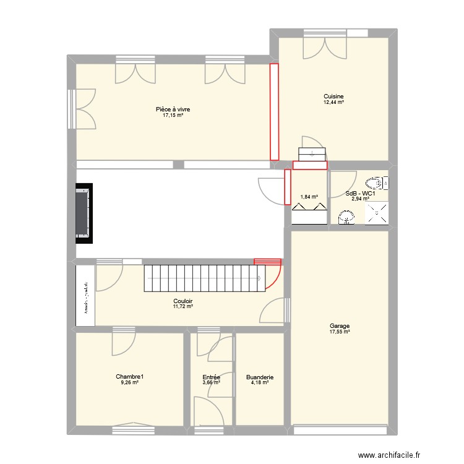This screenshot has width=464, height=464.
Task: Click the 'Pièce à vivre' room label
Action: click(x=173, y=110)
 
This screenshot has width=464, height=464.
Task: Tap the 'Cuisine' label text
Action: click(x=333, y=96)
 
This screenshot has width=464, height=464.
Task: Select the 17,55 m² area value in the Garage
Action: click(x=340, y=332)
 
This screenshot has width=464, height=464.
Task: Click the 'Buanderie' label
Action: click(x=259, y=377)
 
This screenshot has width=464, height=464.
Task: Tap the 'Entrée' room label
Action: click(x=211, y=377)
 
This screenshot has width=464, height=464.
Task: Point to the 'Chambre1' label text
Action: click(x=129, y=376)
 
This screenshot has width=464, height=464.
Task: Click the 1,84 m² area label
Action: click(x=309, y=197)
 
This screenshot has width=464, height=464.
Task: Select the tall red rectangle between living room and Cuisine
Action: click(x=273, y=111)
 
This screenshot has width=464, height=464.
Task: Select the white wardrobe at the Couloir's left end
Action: click(x=85, y=294)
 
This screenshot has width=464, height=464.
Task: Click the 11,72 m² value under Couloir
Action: click(x=183, y=306)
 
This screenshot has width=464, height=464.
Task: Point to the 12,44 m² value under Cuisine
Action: click(x=333, y=102)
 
